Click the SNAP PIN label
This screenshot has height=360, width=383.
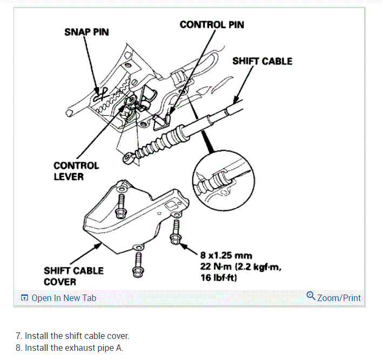click(86, 32)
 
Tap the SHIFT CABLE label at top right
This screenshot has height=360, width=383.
click(262, 61)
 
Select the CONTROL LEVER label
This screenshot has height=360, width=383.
click(76, 171)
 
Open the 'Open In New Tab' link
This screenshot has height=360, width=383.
click(64, 298)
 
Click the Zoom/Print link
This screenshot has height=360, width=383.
click(339, 298)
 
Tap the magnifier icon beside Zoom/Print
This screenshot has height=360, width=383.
click(311, 296)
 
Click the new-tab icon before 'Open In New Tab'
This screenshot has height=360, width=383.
click(24, 298)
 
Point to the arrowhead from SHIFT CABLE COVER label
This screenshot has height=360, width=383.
click(102, 244)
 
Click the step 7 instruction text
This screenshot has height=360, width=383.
click(72, 336)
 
